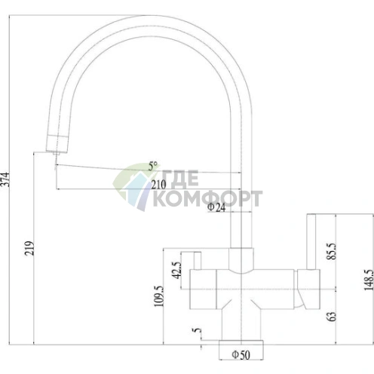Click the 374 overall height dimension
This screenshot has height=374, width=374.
click(5, 179)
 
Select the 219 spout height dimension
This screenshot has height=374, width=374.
click(29, 248)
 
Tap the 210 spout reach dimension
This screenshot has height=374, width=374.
click(158, 185)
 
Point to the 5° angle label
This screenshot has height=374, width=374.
click(153, 166)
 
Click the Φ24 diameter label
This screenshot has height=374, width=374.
click(216, 207)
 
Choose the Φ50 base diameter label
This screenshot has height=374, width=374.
click(241, 355)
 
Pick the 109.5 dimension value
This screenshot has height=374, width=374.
click(158, 296)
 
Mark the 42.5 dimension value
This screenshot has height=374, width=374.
click(176, 270)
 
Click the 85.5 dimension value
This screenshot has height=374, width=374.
click(331, 251)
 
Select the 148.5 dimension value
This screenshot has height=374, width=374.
click(369, 280)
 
